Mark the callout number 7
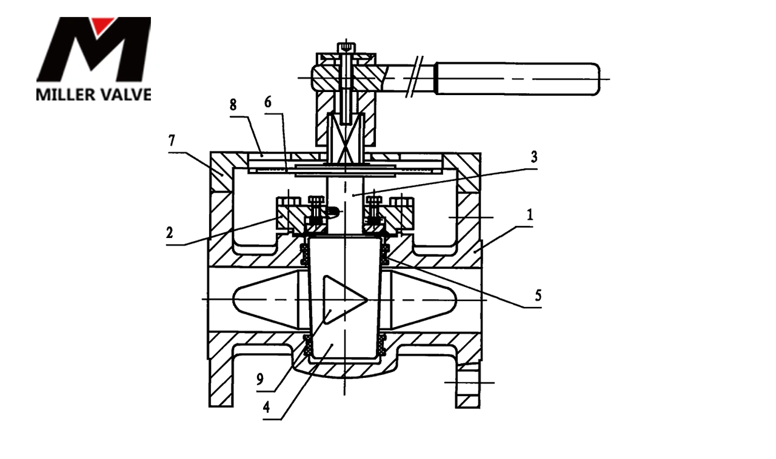[x=172, y=141]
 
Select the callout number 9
[x=261, y=380]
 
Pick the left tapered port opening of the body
[x=266, y=300]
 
